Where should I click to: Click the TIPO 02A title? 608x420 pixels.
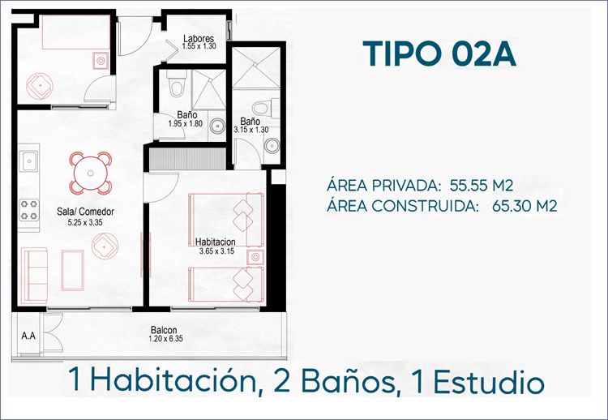click(439, 54)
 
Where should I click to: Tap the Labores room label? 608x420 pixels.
click(199, 38)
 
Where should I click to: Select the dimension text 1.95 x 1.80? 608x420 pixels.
click(186, 124)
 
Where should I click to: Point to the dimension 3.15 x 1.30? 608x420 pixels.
click(250, 130)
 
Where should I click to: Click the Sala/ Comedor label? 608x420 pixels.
click(85, 212)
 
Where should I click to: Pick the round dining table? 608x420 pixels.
click(91, 173)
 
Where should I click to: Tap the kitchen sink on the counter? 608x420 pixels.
click(29, 161)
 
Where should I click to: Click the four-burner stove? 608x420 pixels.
click(29, 210)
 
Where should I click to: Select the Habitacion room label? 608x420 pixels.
click(215, 242)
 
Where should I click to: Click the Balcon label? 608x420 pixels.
click(164, 331)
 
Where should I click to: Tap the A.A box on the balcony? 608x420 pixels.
click(28, 336)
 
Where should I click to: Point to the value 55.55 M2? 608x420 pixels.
click(482, 186)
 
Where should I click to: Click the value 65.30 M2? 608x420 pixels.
click(525, 206)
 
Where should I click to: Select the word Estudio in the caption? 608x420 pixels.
click(489, 383)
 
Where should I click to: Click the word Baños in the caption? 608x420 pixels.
click(345, 382)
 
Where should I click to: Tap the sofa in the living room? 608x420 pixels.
click(35, 276)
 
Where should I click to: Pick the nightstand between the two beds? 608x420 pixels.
click(255, 257)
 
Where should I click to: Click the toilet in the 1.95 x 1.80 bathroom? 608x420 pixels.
click(177, 83)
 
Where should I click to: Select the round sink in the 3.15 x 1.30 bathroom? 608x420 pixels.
click(272, 146)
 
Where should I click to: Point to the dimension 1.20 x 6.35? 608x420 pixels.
click(165, 339)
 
